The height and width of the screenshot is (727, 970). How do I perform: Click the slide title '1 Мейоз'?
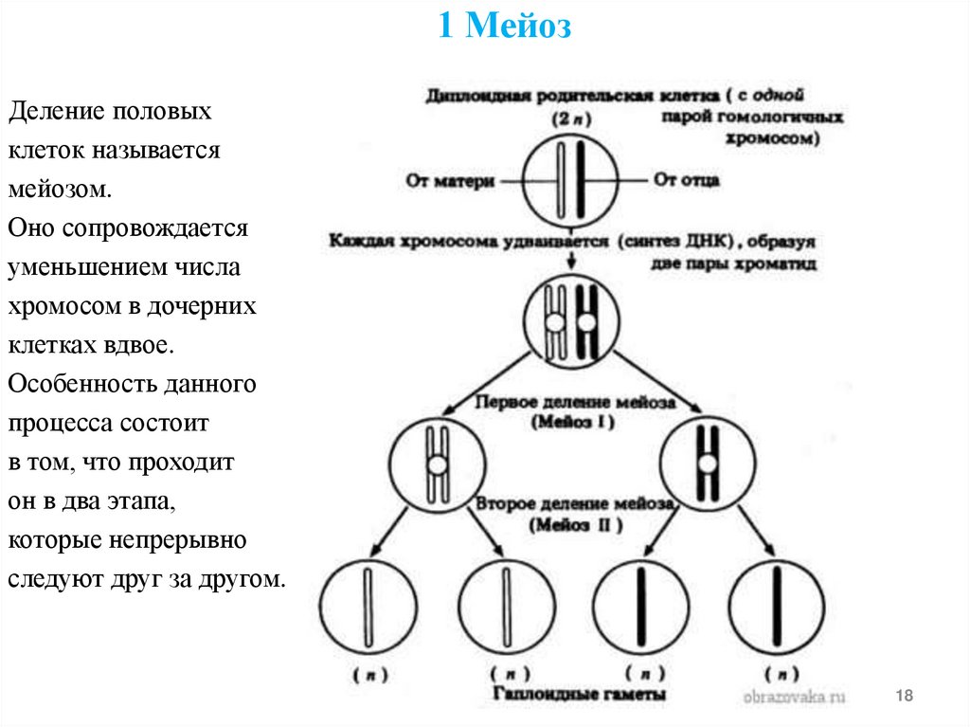click(505, 27)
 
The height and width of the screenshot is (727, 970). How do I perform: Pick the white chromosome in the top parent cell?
click(562, 177)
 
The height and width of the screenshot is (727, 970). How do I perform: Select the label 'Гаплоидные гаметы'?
click(580, 695)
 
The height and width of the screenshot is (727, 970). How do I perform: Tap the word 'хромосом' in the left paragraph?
click(59, 307)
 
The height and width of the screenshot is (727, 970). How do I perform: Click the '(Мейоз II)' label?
click(576, 525)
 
